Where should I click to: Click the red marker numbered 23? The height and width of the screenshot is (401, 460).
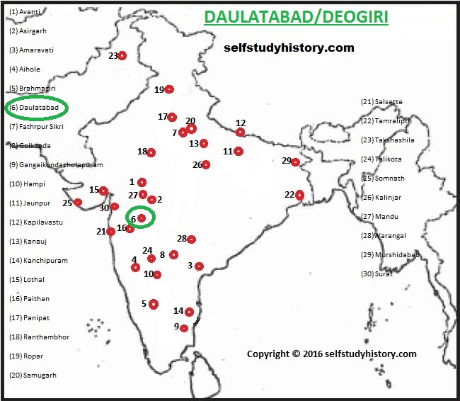122,55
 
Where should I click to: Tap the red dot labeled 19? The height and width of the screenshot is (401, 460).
169,89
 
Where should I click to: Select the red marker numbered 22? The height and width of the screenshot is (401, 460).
300,195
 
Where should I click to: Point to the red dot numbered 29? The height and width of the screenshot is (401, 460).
295,162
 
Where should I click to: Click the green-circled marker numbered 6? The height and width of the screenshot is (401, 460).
142,218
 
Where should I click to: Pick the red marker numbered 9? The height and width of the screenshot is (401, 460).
184,328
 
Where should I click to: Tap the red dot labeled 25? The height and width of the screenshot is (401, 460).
78,203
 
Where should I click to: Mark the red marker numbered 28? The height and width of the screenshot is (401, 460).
191,239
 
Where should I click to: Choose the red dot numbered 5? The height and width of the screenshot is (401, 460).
154,304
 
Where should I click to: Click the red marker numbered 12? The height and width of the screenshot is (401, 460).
241,132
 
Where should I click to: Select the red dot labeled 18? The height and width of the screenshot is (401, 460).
151,152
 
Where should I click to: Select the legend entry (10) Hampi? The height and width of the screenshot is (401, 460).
27,184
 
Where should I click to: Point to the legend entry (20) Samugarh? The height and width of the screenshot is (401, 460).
32,375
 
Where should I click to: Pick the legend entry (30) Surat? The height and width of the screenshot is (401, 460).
376,274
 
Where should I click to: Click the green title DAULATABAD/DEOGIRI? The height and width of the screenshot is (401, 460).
296,17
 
